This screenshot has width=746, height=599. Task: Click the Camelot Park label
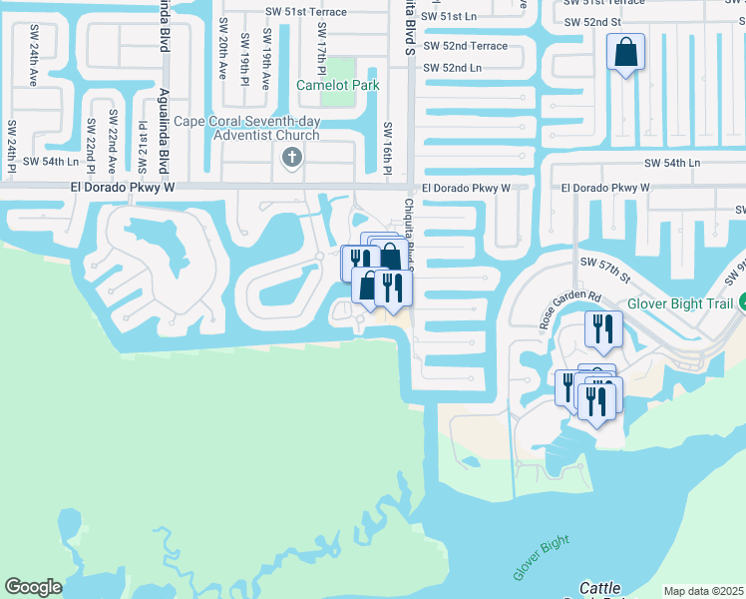pyautogui.click(x=337, y=85)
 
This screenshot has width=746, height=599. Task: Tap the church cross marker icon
pyautogui.click(x=292, y=157)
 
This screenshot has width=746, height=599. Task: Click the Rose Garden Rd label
pyautogui.click(x=568, y=310)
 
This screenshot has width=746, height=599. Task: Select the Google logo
pyautogui.click(x=33, y=587)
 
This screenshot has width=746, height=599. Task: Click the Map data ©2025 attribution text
pyautogui.click(x=704, y=591)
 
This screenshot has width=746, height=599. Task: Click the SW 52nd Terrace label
pyautogui.click(x=466, y=45)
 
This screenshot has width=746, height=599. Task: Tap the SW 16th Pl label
pyautogui.click(x=387, y=147)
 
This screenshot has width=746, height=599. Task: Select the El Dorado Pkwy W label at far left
pyautogui.click(x=122, y=187)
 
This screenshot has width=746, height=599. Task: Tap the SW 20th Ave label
pyautogui.click(x=222, y=57)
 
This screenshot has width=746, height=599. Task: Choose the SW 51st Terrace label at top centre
pyautogui.click(x=306, y=12)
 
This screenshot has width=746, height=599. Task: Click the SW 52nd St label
pyautogui.click(x=591, y=21)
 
